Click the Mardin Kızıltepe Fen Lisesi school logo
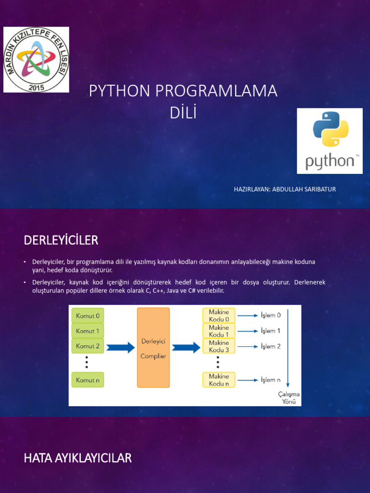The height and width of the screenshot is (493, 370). click(x=37, y=60)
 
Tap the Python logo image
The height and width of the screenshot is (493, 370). click(x=330, y=141)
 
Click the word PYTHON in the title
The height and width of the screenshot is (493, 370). click(x=119, y=91)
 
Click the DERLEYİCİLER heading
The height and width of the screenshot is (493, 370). click(x=61, y=240)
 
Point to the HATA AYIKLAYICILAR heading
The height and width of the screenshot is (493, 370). click(x=78, y=458)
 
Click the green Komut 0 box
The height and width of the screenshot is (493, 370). click(x=88, y=316)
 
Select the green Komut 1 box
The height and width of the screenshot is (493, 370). click(x=88, y=331)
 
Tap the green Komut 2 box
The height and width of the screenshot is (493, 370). click(x=88, y=346)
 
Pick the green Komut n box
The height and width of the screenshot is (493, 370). click(x=88, y=379)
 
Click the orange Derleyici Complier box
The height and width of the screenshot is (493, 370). click(x=153, y=348)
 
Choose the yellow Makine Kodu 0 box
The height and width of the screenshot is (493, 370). click(x=219, y=315)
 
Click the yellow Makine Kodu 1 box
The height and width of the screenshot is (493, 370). click(x=219, y=331)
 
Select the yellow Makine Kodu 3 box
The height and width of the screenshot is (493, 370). click(x=219, y=346)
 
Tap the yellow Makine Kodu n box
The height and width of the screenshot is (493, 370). click(x=219, y=380)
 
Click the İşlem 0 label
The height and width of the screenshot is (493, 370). click(x=271, y=315)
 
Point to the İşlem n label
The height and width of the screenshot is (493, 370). click(x=271, y=380)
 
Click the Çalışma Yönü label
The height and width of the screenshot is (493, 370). click(x=289, y=398)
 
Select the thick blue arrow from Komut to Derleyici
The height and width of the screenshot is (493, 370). click(x=120, y=347)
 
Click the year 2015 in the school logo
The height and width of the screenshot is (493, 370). click(x=36, y=87)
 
